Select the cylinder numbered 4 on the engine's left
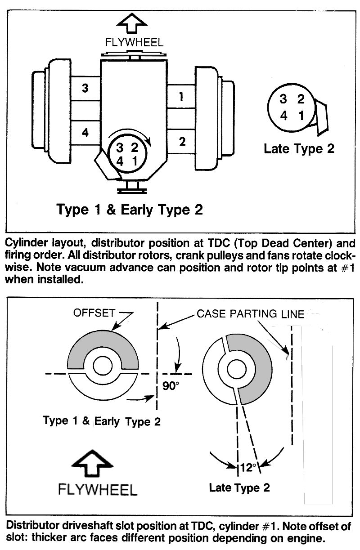click(85, 133)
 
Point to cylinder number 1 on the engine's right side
click(181, 96)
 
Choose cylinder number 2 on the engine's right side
click(182, 142)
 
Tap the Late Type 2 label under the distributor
click(299, 148)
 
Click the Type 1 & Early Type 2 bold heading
click(129, 209)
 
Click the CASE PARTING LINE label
click(251, 313)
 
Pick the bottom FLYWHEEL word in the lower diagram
click(97, 489)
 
